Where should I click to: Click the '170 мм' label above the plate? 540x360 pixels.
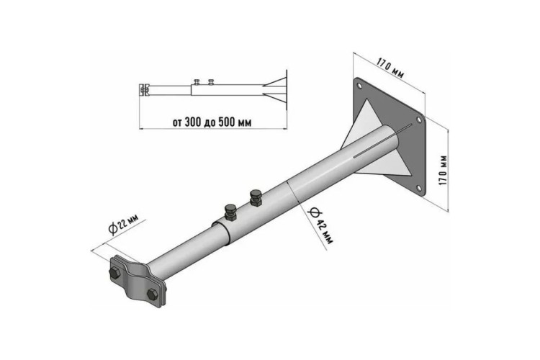(x=390, y=68)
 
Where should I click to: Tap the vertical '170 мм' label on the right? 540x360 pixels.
(x=444, y=170)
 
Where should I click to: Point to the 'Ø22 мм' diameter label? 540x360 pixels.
(x=123, y=224)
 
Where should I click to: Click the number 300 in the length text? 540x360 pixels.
(x=193, y=122)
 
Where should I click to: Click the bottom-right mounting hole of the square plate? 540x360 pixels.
(x=418, y=188)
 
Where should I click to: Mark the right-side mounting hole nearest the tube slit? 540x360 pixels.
(x=419, y=120)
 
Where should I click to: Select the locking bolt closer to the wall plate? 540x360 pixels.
(x=256, y=198)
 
